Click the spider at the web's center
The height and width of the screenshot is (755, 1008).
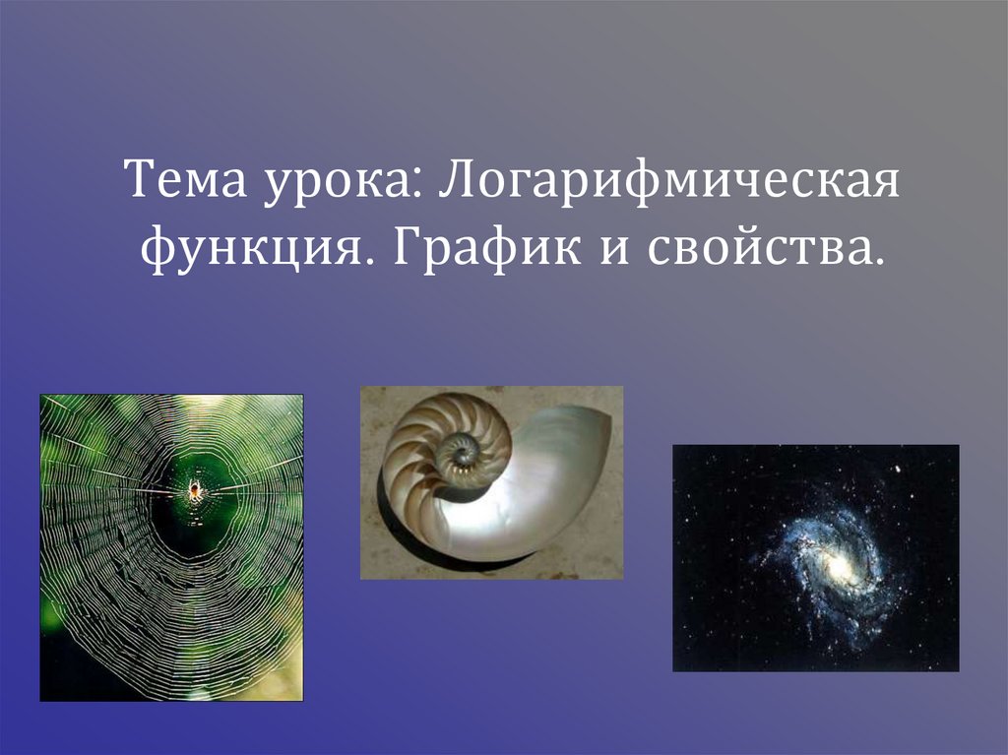pos(195,488)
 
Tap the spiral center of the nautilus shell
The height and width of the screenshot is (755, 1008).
pos(460,453)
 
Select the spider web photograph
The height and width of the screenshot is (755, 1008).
pos(171,547)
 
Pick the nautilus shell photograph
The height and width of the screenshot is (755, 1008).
pos(491,482)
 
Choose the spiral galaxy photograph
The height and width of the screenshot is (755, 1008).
pos(815,557)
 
